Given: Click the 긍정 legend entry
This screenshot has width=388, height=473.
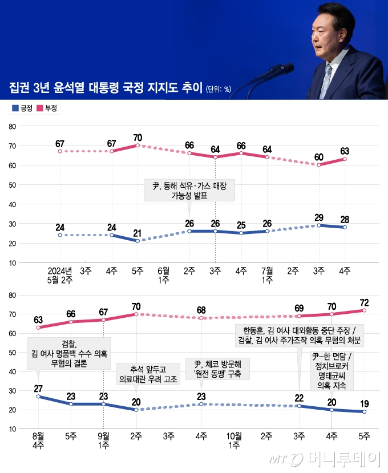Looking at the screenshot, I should (x=22, y=107).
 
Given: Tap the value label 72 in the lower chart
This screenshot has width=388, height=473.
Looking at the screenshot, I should (x=364, y=301).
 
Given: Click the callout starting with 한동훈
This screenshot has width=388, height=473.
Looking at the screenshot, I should (x=299, y=335).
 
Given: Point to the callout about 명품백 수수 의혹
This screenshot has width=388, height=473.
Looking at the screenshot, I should (x=68, y=352).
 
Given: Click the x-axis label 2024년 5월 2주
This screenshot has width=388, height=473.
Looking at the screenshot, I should (x=60, y=274).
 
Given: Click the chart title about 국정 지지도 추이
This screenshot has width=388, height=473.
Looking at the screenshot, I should (x=106, y=88).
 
